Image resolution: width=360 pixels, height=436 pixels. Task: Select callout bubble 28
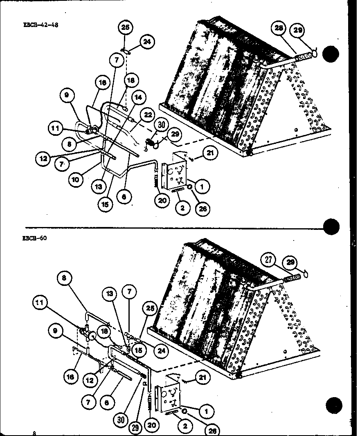(279, 29)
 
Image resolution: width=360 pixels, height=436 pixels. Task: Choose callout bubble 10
(76, 178)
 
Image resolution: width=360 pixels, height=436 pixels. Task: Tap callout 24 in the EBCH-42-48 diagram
(146, 41)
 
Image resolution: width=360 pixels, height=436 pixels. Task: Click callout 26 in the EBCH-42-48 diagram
(202, 209)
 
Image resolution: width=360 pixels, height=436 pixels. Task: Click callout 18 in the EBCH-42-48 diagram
(131, 80)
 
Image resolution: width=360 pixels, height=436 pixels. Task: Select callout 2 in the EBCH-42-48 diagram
(182, 208)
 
